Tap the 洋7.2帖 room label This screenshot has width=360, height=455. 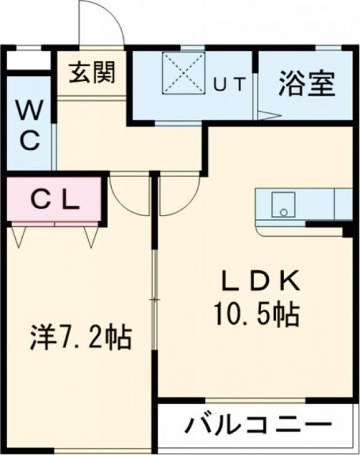click(80, 337)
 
